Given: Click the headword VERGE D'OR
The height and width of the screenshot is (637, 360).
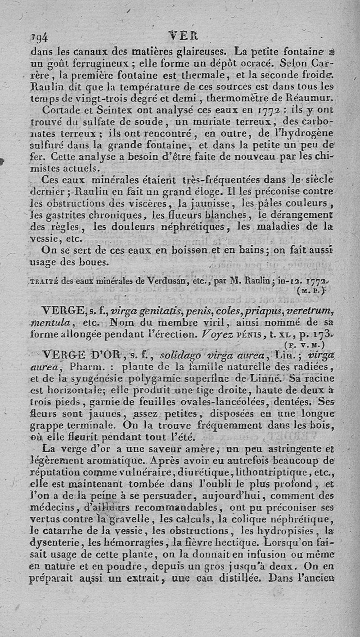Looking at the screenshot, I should tap(85, 356).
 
